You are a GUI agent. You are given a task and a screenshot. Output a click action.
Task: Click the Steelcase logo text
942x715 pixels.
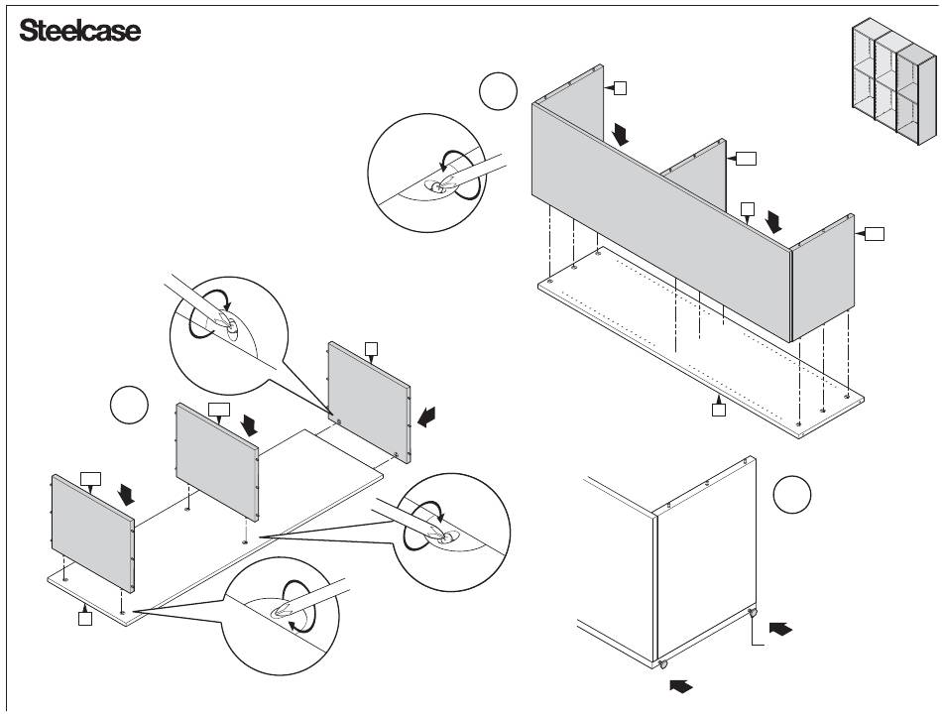tap(80, 31)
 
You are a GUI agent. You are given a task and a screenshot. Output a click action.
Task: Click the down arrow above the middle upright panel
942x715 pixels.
tap(248, 423)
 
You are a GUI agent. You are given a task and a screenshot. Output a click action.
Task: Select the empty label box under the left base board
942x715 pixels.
tap(85, 619)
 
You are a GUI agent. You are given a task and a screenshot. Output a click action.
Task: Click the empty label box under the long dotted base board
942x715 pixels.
tap(720, 408)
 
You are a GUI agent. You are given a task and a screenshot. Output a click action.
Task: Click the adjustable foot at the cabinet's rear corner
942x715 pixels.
tap(754, 615)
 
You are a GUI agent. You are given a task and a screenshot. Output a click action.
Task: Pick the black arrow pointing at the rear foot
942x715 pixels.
tap(781, 628)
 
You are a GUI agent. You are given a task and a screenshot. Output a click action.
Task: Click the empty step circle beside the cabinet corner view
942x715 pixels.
tap(792, 495)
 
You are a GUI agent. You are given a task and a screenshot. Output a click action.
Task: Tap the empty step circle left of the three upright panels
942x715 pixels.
tap(129, 405)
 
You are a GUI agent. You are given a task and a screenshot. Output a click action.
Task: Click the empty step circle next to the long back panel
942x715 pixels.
tap(498, 92)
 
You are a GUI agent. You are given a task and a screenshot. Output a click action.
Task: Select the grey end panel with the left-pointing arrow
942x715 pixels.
tap(369, 400)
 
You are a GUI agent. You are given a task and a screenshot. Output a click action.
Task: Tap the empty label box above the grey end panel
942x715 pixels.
tap(372, 347)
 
